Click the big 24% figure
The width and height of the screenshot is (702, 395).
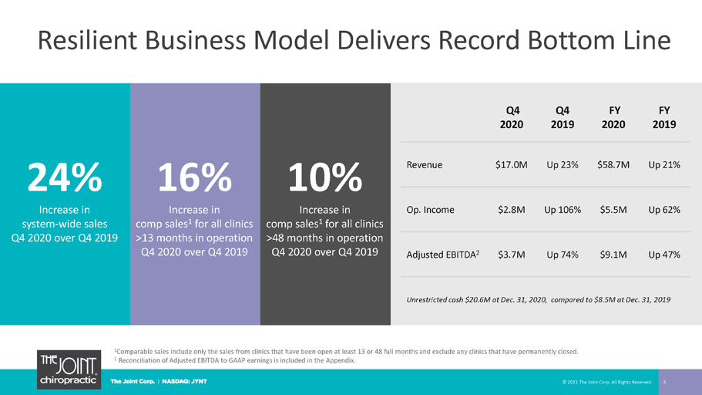coord(65,177)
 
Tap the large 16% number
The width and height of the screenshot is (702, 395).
coord(195,177)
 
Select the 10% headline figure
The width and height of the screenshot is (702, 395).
coord(325,177)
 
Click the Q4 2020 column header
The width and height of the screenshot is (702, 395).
coord(512,117)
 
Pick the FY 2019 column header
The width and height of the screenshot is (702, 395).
coord(664,117)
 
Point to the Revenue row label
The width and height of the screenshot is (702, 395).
coord(425,164)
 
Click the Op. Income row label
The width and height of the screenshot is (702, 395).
coord(430,210)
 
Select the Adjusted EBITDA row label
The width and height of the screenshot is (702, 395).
coord(443,255)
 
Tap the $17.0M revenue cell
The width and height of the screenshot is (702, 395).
coord(511,165)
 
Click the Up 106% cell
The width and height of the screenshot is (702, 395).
coord(563,210)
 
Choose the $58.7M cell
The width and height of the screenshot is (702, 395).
coord(613,165)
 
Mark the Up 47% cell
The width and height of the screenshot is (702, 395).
coord(664,255)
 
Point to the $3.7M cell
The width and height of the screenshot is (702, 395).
coord(511,255)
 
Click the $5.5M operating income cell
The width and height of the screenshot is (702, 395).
coord(613,210)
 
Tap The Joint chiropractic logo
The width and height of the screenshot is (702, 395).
coord(69,370)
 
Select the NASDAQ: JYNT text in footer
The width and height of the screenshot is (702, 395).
coord(184,382)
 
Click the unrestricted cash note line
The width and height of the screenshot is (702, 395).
coord(538,299)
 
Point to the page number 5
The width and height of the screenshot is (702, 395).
coord(665,382)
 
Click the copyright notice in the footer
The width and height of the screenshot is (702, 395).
coord(607,382)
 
